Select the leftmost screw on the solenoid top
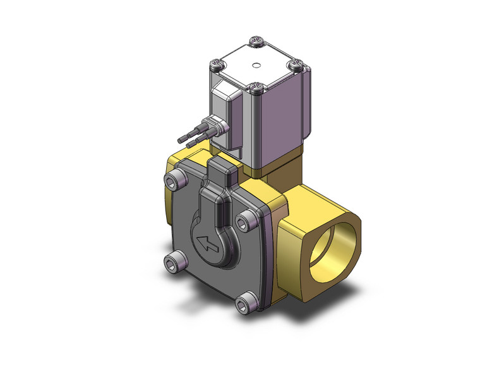pos(217,63)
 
